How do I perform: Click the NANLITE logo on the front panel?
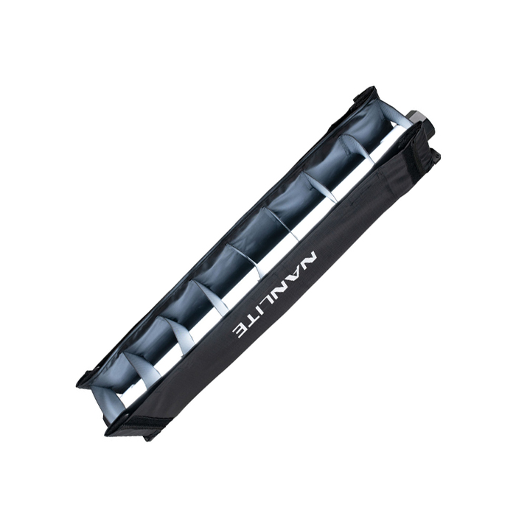(276, 296)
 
